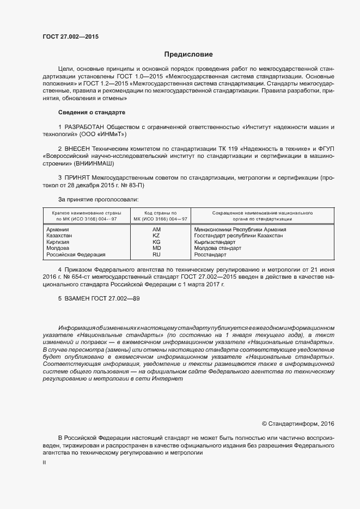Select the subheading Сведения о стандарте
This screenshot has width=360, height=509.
coord(91,112)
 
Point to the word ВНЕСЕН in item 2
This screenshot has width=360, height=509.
coord(80,148)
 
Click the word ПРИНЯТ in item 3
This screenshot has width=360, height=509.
coord(78,177)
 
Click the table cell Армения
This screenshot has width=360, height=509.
coord(58,230)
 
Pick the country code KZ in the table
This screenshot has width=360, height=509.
coord(157,236)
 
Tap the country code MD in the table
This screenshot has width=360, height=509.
coord(157,248)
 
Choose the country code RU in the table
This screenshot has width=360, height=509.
coord(157,254)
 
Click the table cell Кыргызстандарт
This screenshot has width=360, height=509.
coord(215,242)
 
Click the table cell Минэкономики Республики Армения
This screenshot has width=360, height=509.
coord(240,230)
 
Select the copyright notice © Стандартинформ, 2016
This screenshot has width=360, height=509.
coord(298,424)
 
